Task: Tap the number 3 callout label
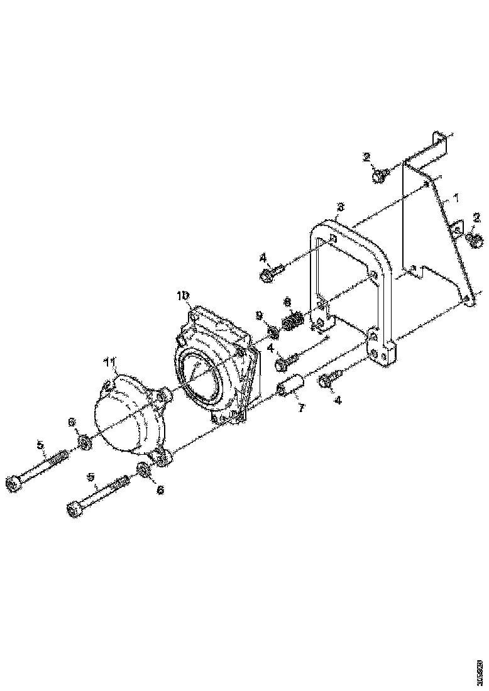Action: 339,206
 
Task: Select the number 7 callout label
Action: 301,408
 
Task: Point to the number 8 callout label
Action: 287,302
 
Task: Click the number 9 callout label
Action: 259,315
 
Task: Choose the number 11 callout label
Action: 109,362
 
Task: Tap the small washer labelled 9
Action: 273,331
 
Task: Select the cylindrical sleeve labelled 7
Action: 292,384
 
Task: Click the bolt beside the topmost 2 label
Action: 379,176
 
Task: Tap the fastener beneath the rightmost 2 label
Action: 475,239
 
